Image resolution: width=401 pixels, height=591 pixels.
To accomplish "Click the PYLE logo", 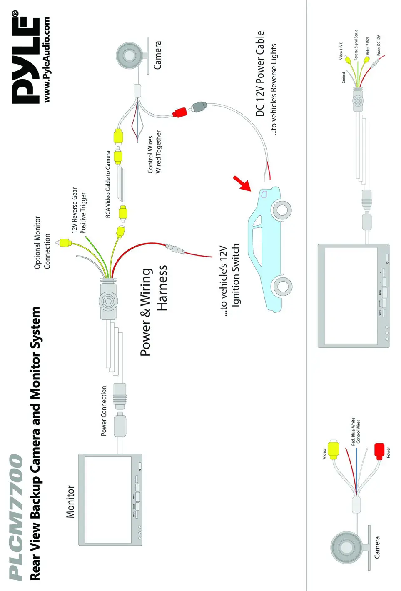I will coord(26,58).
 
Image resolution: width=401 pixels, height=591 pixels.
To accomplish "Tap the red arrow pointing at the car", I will coord(242,183).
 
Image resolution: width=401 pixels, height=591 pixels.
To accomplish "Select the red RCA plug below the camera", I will coord(180,112).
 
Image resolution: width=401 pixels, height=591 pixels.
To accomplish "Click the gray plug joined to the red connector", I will coord(198,106).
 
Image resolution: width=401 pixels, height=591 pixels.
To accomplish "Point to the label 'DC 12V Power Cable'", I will coord(260,74).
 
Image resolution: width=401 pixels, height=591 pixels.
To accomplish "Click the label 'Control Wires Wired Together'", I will coord(154,152).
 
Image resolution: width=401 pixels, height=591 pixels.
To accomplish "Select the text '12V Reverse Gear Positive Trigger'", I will coord(79,210).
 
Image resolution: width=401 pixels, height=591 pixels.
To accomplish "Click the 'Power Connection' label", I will coord(104,411).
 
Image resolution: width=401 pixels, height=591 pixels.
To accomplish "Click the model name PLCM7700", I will coord(17,516).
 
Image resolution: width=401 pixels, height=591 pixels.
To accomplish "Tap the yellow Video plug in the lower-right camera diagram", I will coord(333,450).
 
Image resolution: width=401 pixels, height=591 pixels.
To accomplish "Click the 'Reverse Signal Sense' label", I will coord(356,45).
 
